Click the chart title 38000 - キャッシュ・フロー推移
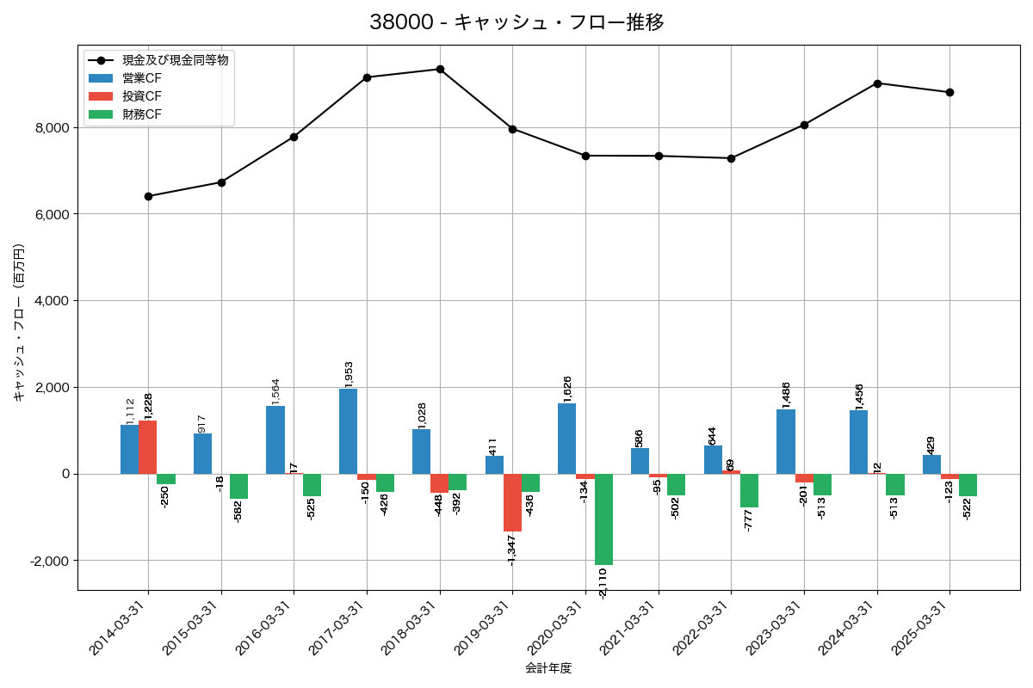(x=516, y=22)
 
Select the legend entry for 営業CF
(x=142, y=78)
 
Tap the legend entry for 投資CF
(x=142, y=96)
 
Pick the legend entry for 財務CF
(x=142, y=114)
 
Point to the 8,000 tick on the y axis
(x=51, y=128)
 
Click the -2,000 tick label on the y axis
(x=49, y=561)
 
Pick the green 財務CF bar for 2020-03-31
(x=603, y=519)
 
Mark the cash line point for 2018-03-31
(x=440, y=69)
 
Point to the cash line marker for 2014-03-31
(x=148, y=196)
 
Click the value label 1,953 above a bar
(x=349, y=373)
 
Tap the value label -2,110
(x=603, y=583)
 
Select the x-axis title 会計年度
(x=548, y=668)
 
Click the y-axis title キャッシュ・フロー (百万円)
(x=19, y=322)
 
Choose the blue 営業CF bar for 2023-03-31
(x=786, y=441)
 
